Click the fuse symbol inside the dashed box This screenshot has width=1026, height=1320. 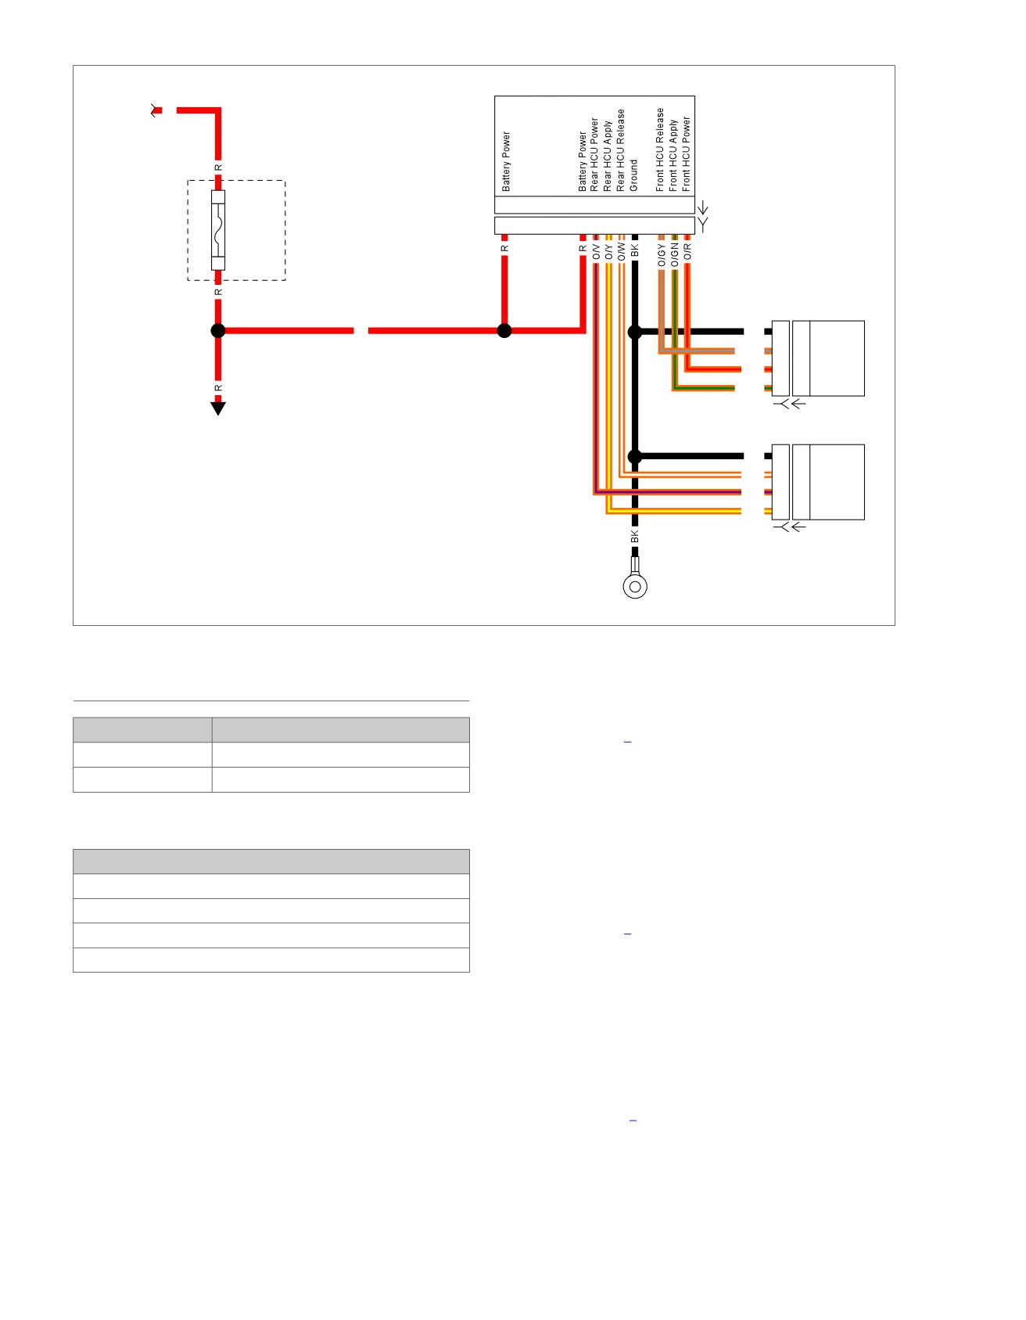(x=218, y=230)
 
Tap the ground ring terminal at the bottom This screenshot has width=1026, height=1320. (x=635, y=586)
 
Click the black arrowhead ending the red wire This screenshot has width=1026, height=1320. (x=218, y=408)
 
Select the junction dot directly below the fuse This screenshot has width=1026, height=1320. (x=218, y=331)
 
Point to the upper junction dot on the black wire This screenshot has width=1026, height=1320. (x=635, y=332)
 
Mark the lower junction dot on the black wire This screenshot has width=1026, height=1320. (x=635, y=456)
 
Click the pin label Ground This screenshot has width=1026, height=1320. (x=633, y=176)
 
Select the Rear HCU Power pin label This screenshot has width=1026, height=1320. (x=594, y=155)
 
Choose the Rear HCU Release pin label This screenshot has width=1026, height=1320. (x=621, y=150)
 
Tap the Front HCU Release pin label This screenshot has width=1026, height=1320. (x=660, y=149)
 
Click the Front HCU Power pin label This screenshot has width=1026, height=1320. (x=686, y=154)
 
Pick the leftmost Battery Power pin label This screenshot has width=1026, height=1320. (x=506, y=162)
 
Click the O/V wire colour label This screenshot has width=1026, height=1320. (x=596, y=252)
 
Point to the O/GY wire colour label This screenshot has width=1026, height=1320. (x=662, y=255)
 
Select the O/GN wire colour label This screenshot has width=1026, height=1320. (x=674, y=255)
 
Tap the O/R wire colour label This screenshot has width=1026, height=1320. (x=687, y=252)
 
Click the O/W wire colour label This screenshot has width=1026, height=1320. (x=622, y=252)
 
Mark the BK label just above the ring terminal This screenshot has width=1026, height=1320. (x=635, y=537)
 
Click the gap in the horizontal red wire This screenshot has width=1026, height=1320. (x=361, y=331)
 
